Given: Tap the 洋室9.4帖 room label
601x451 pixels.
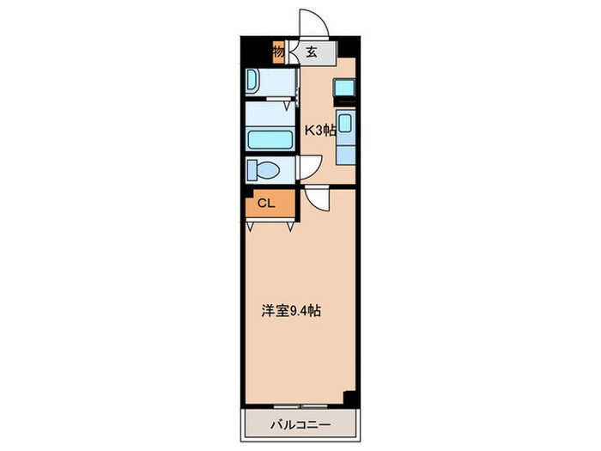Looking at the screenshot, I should point(291,311).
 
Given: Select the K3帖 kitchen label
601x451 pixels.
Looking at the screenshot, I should point(320,131).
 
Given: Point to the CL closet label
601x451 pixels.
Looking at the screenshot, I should point(266,204).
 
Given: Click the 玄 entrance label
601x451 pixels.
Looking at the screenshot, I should point(311,52).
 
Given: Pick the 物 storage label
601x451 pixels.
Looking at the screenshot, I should point(279,52).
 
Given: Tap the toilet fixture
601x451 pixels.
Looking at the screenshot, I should point(263,169).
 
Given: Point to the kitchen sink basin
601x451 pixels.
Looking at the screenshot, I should point(345,123).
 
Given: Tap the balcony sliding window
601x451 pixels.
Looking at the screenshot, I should point(300,405).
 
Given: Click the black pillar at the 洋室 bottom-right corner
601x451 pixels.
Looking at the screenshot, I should point(349,397).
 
